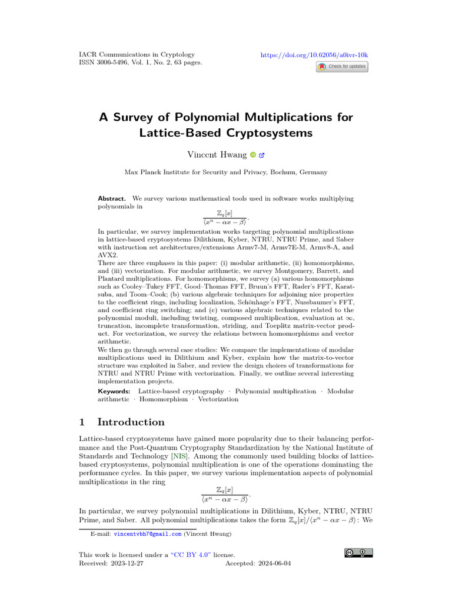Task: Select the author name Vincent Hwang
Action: pyautogui.click(x=217, y=155)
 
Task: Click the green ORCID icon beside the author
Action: pyautogui.click(x=252, y=155)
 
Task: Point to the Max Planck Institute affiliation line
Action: pyautogui.click(x=225, y=173)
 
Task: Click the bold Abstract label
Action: pyautogui.click(x=112, y=199)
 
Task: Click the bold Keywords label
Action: pyautogui.click(x=114, y=391)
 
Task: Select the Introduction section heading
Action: pyautogui.click(x=131, y=422)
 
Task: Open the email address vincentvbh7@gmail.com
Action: pyautogui.click(x=147, y=534)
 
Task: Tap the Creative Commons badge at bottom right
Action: pyautogui.click(x=358, y=552)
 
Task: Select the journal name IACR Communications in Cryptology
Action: pyautogui.click(x=137, y=54)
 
